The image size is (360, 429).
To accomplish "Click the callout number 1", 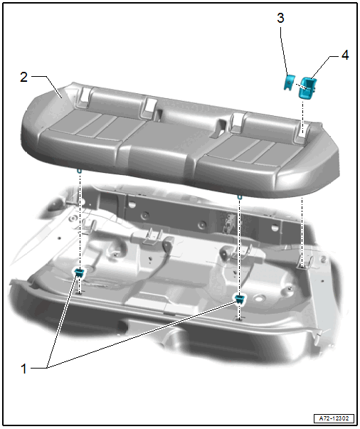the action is click(x=23, y=369).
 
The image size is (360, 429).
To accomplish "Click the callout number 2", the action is click(x=23, y=77).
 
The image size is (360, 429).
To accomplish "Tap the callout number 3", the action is click(x=280, y=18).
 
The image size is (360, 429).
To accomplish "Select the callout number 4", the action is click(x=345, y=55).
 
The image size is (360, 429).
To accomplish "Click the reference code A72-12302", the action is click(x=334, y=418).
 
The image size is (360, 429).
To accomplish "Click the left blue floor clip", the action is click(x=80, y=272).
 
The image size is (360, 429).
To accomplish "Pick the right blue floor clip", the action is click(x=240, y=299).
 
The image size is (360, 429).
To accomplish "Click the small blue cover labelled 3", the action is click(x=289, y=83).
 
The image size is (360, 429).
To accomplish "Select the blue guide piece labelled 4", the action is click(x=307, y=88).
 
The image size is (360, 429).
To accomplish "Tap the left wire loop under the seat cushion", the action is click(x=80, y=171).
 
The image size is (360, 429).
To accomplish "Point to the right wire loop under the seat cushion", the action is click(x=239, y=197).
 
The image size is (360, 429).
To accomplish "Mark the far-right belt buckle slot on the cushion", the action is click(x=302, y=133).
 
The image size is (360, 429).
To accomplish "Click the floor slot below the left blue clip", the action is click(x=80, y=293).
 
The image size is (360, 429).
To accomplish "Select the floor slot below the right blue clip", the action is click(x=239, y=319).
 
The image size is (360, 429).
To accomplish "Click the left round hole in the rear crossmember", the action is click(x=132, y=204).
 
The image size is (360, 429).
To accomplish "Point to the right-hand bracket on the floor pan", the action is click(x=307, y=263).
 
